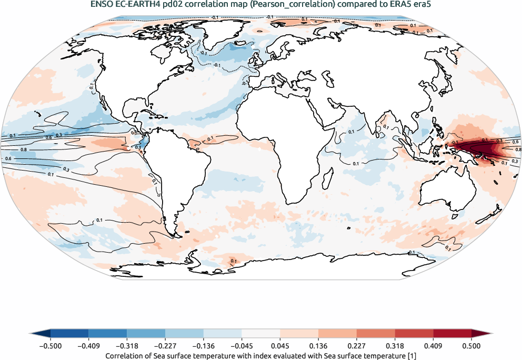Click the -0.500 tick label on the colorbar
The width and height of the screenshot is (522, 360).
tap(51, 346)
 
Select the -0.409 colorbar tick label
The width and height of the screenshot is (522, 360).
tap(89, 346)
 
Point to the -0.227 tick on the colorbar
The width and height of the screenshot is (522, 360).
tap(165, 346)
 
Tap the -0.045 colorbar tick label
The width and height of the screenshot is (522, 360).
tap(242, 346)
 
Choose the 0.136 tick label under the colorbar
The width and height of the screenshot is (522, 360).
tap(319, 346)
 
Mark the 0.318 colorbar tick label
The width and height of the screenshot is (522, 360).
tap(395, 346)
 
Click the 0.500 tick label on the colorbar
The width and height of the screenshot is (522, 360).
tap(471, 346)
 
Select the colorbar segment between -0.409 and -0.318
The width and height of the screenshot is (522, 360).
tap(108, 333)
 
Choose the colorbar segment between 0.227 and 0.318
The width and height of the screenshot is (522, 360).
tap(376, 333)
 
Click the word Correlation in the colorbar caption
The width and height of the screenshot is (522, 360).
tap(125, 356)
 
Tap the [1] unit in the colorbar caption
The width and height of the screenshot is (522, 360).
tap(413, 356)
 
